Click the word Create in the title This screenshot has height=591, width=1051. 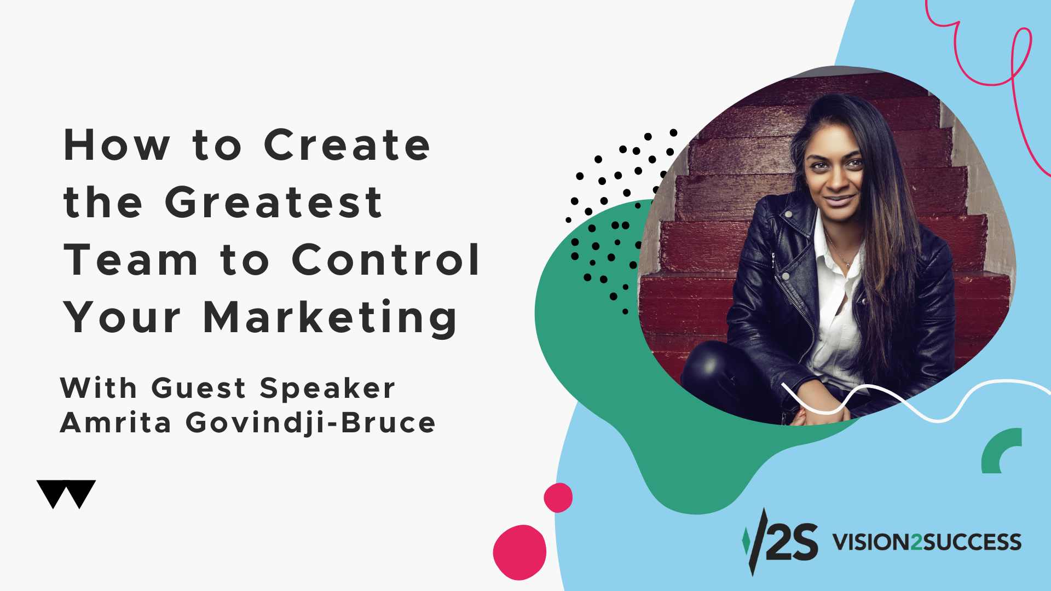tap(347, 145)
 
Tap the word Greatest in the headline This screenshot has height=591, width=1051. tap(274, 202)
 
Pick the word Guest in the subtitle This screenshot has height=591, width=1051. tap(198, 388)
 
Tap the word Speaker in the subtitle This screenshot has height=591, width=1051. tap(327, 389)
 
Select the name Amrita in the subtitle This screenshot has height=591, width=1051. tap(116, 422)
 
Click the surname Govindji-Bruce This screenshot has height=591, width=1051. tap(311, 423)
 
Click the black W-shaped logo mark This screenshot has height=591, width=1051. tap(66, 494)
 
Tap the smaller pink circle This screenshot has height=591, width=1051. tap(558, 497)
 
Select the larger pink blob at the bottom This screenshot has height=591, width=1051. tap(519, 552)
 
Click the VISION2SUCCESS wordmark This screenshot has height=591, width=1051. tap(927, 542)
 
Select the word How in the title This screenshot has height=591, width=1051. tap(117, 146)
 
